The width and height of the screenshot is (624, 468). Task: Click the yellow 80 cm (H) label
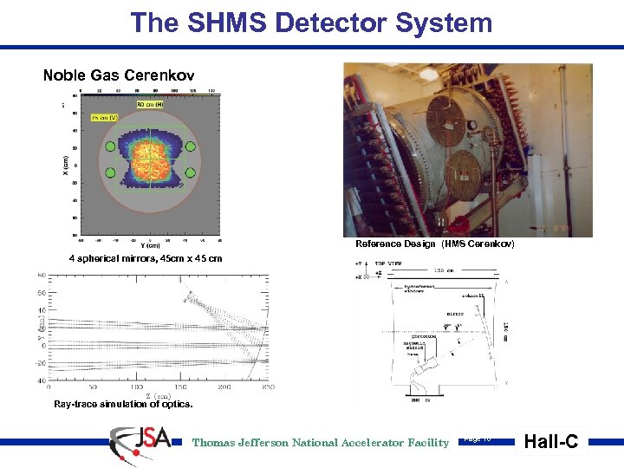tap(150, 104)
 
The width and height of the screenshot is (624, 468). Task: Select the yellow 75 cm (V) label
tap(105, 117)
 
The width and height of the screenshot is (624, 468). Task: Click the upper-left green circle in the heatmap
tap(109, 147)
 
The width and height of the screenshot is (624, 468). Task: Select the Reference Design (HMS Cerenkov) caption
tap(434, 244)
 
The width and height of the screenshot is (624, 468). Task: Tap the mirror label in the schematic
tap(454, 314)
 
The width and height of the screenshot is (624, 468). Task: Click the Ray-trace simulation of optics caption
tap(123, 404)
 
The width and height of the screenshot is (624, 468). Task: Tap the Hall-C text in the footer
tap(551, 442)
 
